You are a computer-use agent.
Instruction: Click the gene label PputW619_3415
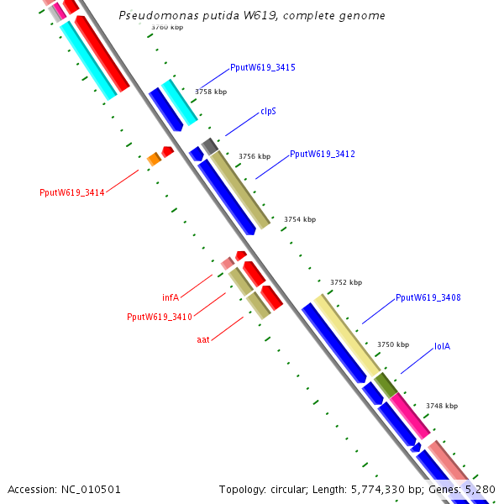[x=262, y=67]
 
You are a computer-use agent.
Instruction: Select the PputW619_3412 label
[x=322, y=155]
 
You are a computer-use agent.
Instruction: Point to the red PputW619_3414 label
[x=71, y=192]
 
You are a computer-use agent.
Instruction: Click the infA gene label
[x=171, y=297]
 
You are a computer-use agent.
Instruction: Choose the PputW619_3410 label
[x=159, y=318]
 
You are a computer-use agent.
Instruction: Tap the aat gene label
[x=202, y=339]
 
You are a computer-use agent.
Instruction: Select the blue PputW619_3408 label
[x=428, y=297]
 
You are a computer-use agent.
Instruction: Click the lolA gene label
[x=442, y=346]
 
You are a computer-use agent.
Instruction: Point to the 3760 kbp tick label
[x=167, y=28]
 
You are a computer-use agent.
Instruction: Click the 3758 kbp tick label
[x=211, y=92]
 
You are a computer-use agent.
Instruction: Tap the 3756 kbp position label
[x=255, y=156]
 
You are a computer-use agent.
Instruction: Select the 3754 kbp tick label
[x=300, y=219]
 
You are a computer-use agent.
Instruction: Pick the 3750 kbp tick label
[x=393, y=344]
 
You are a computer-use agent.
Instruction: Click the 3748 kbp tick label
[x=441, y=406]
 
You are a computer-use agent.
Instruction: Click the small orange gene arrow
[x=154, y=159]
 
